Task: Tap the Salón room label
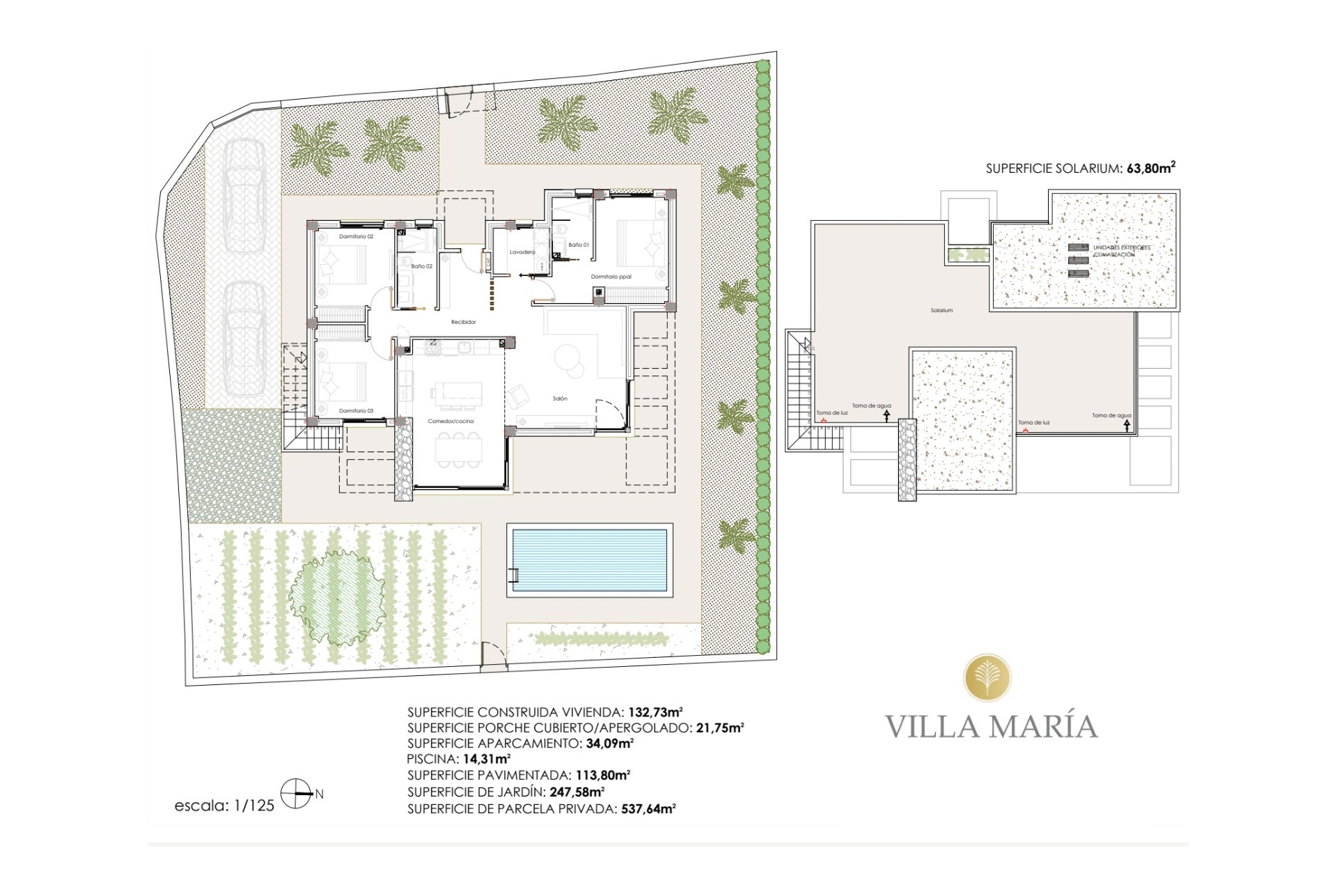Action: point(560,399)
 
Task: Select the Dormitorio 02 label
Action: point(356,237)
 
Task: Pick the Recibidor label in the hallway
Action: point(463,322)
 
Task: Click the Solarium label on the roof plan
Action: point(941,310)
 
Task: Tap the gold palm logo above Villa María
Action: point(987,682)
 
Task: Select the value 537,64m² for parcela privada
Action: point(648,809)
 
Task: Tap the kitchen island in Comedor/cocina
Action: point(455,392)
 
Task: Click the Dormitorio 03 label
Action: point(356,411)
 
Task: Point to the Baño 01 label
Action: point(578,245)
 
